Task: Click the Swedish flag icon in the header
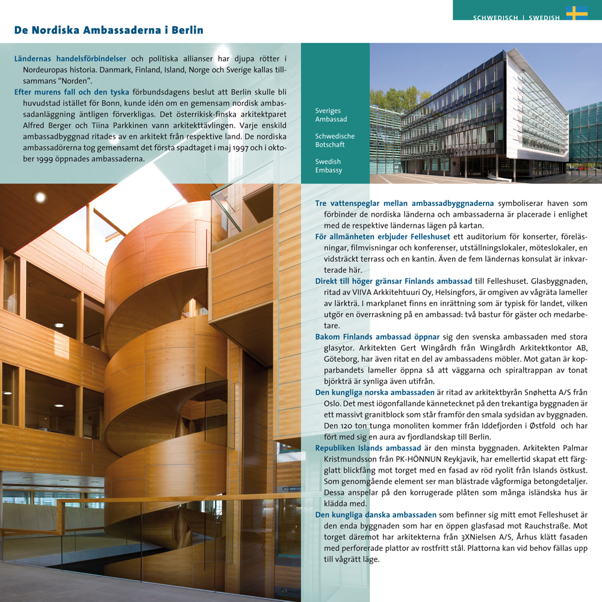576,13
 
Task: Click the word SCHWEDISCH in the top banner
495,18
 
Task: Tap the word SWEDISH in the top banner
544,18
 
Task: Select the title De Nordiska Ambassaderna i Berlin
109,30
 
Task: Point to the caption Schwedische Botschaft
335,140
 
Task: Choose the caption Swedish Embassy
329,166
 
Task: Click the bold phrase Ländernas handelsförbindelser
70,59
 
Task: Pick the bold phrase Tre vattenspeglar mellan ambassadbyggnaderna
405,203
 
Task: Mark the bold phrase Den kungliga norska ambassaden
375,393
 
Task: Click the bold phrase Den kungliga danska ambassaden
376,515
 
